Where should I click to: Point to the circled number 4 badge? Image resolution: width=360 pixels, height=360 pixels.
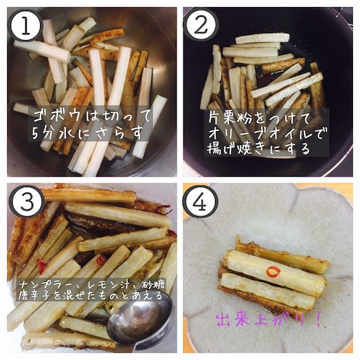[201, 202]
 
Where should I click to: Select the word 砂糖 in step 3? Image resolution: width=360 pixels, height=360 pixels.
[154, 285]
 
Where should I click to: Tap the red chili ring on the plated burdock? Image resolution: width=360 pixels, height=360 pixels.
[273, 271]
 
